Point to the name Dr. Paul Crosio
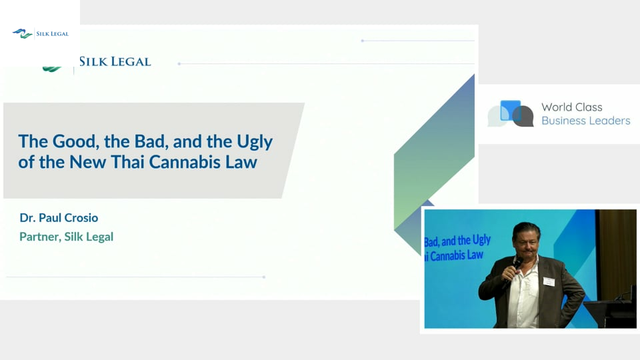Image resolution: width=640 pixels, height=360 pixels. click(59, 217)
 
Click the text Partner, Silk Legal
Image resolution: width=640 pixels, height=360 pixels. click(67, 237)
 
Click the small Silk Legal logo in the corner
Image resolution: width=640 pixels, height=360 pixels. click(41, 33)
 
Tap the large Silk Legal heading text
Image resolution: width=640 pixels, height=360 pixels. click(115, 61)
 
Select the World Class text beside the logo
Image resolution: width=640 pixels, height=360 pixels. click(572, 107)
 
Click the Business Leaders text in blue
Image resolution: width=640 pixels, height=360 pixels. click(586, 121)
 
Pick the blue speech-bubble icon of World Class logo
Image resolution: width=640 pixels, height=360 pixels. click(511, 110)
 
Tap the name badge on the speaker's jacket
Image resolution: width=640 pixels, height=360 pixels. click(549, 281)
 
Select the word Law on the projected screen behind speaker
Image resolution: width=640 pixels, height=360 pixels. click(475, 255)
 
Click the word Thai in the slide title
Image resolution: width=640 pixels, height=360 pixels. click(127, 162)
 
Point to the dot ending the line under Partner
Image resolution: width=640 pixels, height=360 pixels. click(264, 277)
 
